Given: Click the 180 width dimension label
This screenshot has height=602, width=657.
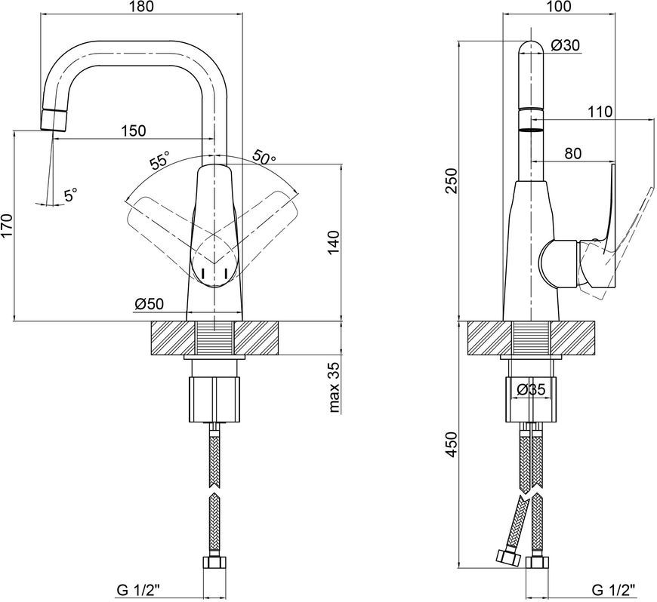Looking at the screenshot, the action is click(142, 7).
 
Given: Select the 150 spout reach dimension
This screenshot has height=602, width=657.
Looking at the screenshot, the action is click(134, 131).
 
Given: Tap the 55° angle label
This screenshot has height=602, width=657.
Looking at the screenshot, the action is click(160, 160).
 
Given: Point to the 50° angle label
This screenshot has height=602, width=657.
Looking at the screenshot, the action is click(264, 158).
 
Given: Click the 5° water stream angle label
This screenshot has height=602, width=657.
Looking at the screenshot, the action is click(70, 195).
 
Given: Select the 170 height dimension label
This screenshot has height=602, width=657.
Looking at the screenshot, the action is click(7, 226).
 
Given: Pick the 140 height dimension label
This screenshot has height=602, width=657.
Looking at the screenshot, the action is click(334, 242).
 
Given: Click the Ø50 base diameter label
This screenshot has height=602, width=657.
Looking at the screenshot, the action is click(150, 304).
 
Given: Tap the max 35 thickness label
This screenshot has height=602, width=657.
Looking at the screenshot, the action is click(334, 387).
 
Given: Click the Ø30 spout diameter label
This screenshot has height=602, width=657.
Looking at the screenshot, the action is click(565, 45).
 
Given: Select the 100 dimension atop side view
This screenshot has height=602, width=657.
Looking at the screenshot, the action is click(559, 7).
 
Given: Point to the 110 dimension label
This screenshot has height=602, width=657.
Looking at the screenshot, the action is click(600, 112).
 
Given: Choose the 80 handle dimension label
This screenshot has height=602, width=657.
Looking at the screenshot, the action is click(572, 154).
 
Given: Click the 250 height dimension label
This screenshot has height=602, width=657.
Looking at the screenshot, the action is click(452, 180).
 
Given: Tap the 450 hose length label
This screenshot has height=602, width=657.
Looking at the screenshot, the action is click(452, 444).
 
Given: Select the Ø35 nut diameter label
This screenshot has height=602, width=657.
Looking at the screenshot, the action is click(530, 390).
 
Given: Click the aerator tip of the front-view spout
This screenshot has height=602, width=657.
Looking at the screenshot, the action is click(54, 120).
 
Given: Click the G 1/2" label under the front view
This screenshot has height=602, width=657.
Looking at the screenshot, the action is click(138, 590).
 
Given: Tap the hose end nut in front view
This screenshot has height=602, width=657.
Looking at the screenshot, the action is click(214, 562).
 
